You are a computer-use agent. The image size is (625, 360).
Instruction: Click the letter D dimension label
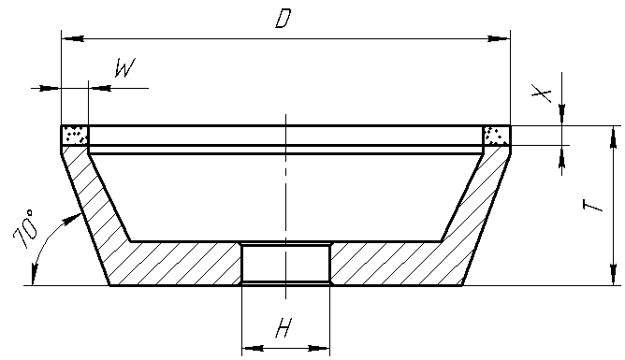click(283, 19)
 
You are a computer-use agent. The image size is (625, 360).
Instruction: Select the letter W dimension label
click(125, 67)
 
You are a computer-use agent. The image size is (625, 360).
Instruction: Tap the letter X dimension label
click(542, 94)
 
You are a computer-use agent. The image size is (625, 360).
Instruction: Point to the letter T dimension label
click(592, 206)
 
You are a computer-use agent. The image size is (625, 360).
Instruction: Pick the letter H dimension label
click(284, 327)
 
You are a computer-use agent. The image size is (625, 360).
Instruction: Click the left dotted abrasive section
click(75, 135)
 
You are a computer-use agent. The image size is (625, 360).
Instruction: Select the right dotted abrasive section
click(496, 136)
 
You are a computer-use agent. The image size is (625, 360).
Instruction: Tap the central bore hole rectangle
click(285, 264)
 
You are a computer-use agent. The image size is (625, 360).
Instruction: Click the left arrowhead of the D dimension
click(73, 39)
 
